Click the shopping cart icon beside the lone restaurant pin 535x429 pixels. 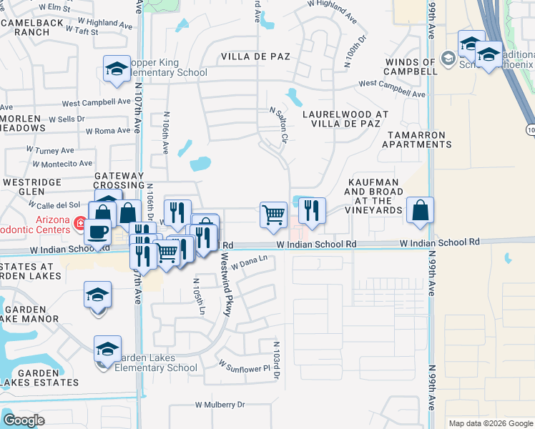click(273, 214)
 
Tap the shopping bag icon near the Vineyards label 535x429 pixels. click(421, 210)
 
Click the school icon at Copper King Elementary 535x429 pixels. click(117, 69)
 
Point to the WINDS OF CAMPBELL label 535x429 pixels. click(411, 66)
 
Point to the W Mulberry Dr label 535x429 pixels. click(220, 405)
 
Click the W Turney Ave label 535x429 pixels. click(50, 151)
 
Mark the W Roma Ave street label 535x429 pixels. click(109, 131)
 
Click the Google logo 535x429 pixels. click(24, 420)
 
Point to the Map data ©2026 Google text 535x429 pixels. click(491, 423)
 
